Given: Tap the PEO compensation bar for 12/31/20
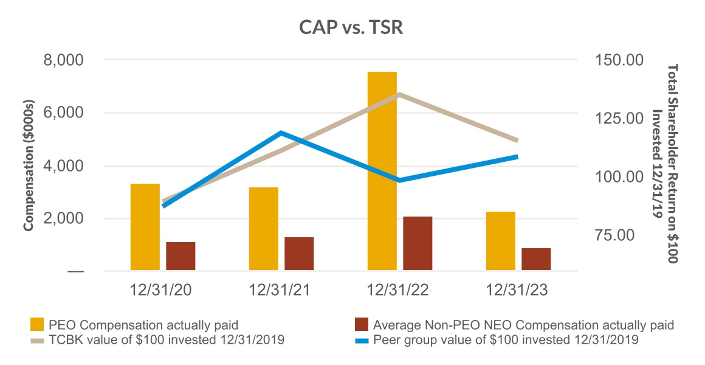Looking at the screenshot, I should tap(145, 228).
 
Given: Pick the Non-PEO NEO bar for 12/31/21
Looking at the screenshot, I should tap(299, 254).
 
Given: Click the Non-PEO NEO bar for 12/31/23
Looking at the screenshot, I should tap(536, 260).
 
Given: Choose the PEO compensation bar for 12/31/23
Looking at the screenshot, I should tap(501, 242).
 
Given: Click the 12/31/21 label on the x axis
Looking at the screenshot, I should tap(280, 291).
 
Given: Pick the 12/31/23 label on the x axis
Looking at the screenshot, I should tap(517, 291).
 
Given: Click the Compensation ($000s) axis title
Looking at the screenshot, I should tap(29, 165).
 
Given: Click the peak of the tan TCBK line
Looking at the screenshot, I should tap(399, 94).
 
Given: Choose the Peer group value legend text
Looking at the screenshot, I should tap(506, 340).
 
